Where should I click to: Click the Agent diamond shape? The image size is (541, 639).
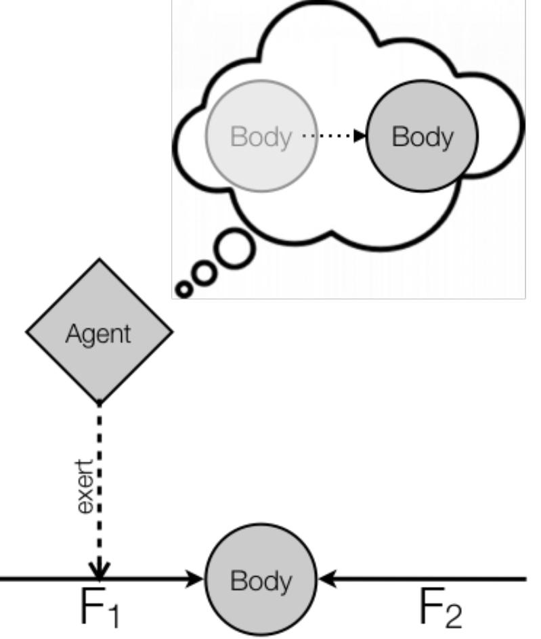tap(99, 352)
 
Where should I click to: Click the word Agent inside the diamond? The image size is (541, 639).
tap(99, 334)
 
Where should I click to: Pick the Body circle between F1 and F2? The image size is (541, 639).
tap(261, 580)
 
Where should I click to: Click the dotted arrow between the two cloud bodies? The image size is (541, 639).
tap(332, 137)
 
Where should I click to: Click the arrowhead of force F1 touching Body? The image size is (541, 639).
tap(196, 579)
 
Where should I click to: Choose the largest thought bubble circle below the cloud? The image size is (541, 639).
tap(234, 250)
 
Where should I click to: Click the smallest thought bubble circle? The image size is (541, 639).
tap(183, 290)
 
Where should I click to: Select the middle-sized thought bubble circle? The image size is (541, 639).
tap(204, 273)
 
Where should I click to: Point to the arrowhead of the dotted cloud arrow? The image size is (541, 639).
tap(359, 137)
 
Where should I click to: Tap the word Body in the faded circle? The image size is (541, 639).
tap(261, 137)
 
